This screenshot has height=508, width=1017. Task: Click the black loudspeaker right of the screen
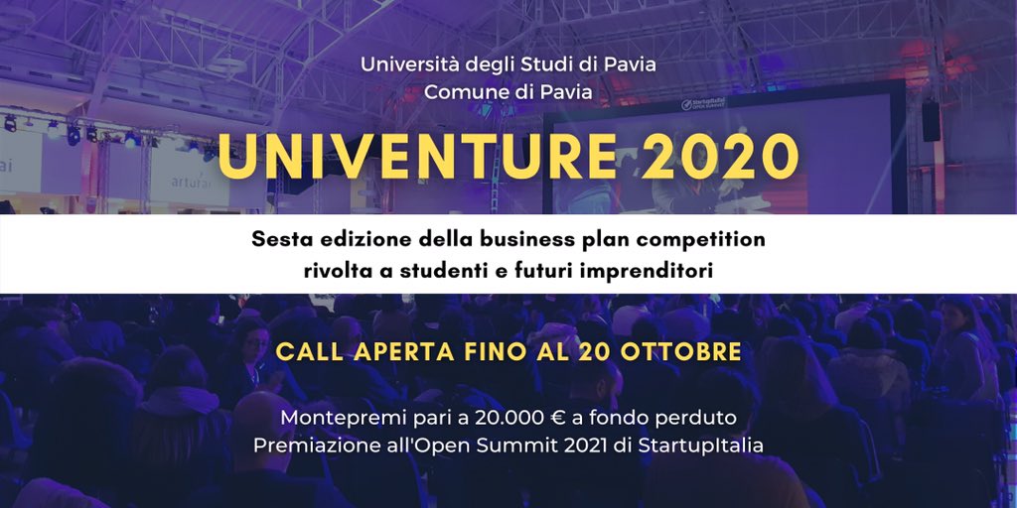[931, 120]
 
